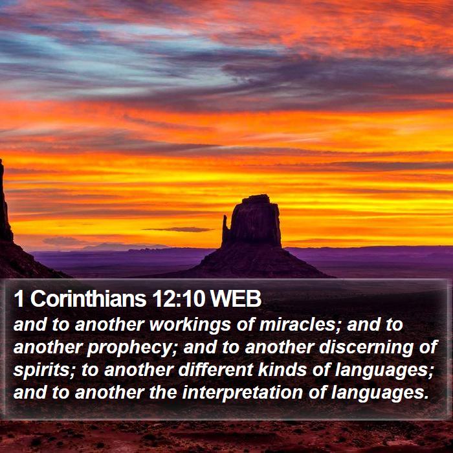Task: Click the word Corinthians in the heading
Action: click(x=88, y=298)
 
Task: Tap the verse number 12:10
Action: click(x=179, y=299)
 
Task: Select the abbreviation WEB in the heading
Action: click(x=236, y=299)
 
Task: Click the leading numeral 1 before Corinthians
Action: click(x=19, y=299)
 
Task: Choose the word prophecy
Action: click(x=129, y=347)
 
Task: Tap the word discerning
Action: click(x=366, y=347)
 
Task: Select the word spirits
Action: click(x=44, y=370)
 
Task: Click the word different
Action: click(x=215, y=370)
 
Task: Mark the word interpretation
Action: click(x=242, y=392)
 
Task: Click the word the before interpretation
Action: click(x=163, y=392)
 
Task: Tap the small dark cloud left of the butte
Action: click(x=180, y=229)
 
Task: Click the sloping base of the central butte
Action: click(x=254, y=262)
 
